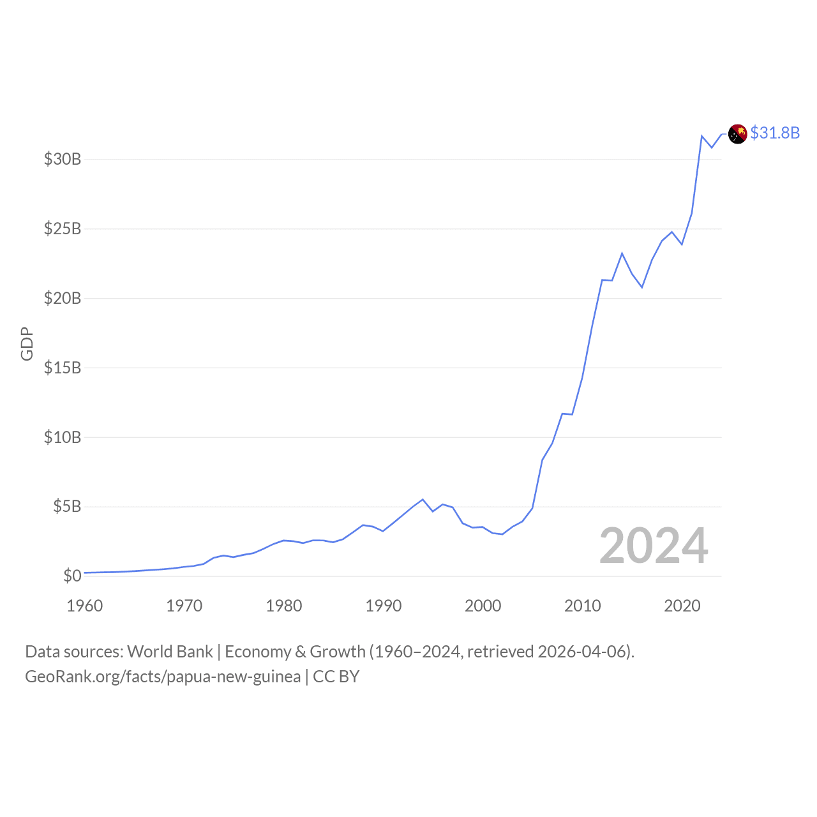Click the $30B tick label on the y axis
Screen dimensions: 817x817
(63, 159)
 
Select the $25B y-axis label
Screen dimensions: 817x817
(63, 229)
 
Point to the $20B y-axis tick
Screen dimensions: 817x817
(63, 298)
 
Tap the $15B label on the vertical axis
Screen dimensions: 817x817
(63, 368)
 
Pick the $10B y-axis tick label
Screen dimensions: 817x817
(63, 437)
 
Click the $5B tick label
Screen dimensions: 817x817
(67, 507)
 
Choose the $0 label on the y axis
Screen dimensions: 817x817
(72, 576)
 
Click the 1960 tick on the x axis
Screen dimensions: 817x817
(85, 606)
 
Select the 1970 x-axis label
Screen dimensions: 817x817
(184, 606)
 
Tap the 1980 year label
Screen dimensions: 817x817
(284, 606)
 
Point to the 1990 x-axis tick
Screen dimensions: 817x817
(384, 606)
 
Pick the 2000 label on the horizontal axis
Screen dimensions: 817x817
(483, 606)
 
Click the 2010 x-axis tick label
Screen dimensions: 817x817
(583, 606)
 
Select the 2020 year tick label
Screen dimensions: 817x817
(682, 606)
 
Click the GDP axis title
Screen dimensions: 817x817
(27, 344)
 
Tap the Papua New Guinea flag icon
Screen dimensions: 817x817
(738, 134)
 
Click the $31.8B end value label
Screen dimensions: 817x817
(775, 133)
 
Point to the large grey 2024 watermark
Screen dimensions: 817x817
(654, 546)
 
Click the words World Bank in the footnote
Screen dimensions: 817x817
(170, 652)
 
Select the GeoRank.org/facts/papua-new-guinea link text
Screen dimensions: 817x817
(163, 677)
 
